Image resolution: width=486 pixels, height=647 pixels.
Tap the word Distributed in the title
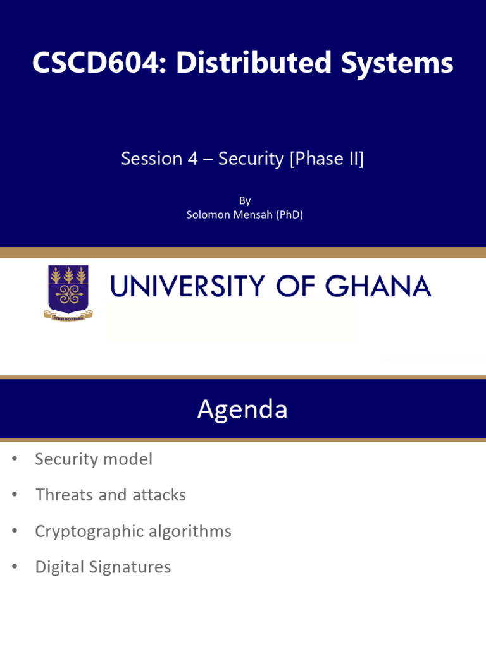click(x=254, y=63)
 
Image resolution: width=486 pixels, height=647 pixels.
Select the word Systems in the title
click(x=397, y=63)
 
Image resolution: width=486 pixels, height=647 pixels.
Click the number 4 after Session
click(x=193, y=159)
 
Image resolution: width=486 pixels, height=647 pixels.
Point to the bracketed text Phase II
click(x=327, y=159)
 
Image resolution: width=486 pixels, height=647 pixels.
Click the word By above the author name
click(x=245, y=201)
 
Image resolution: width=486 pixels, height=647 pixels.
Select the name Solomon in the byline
click(x=208, y=215)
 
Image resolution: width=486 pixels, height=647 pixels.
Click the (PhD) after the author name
click(x=289, y=215)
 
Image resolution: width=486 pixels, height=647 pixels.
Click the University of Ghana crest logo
click(x=68, y=292)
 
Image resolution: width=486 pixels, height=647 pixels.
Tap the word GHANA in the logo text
click(x=378, y=286)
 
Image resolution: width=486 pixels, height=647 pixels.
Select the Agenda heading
click(x=242, y=409)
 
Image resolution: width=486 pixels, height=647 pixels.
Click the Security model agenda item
click(x=94, y=459)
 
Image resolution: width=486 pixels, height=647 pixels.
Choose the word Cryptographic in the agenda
click(x=89, y=531)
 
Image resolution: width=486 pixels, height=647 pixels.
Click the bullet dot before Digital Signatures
click(x=15, y=567)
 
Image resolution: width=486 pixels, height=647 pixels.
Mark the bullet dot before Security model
click(x=15, y=459)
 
